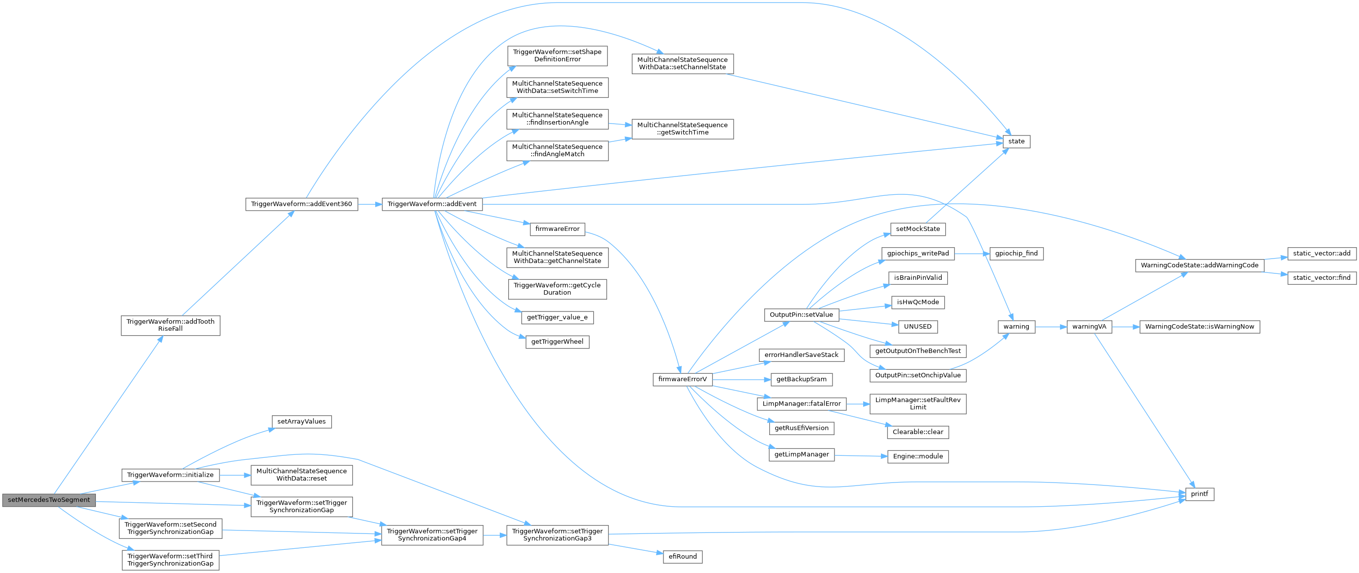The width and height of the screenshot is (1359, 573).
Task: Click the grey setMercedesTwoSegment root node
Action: tap(48, 500)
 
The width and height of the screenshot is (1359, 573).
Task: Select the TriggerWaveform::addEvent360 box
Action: tap(301, 204)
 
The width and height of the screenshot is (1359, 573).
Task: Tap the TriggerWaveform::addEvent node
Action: tap(432, 204)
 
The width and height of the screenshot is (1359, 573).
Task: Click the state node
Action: tap(1016, 141)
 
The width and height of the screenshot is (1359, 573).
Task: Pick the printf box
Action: tap(1199, 494)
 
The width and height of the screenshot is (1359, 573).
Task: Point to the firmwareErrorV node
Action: tap(682, 379)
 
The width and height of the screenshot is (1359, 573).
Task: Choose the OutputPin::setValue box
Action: tap(801, 314)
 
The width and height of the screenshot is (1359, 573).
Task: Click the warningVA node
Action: tap(1089, 327)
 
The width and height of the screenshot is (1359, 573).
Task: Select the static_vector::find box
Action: tap(1321, 277)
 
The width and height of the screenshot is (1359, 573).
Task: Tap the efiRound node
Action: tap(683, 556)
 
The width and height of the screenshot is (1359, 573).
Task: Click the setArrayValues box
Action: tap(301, 422)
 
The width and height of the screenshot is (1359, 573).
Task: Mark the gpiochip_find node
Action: tap(1016, 253)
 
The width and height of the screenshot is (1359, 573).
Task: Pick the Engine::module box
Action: tap(918, 456)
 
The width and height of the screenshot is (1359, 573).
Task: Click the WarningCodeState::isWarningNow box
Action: tap(1200, 327)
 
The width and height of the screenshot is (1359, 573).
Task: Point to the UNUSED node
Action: tap(918, 327)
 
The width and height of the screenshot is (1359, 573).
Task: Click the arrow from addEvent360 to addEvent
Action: tap(369, 204)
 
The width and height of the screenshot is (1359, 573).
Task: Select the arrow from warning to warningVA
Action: tap(1051, 327)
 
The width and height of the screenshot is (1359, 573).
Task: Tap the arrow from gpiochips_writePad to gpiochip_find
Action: tap(971, 253)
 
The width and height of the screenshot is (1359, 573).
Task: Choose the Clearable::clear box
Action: tap(918, 432)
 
